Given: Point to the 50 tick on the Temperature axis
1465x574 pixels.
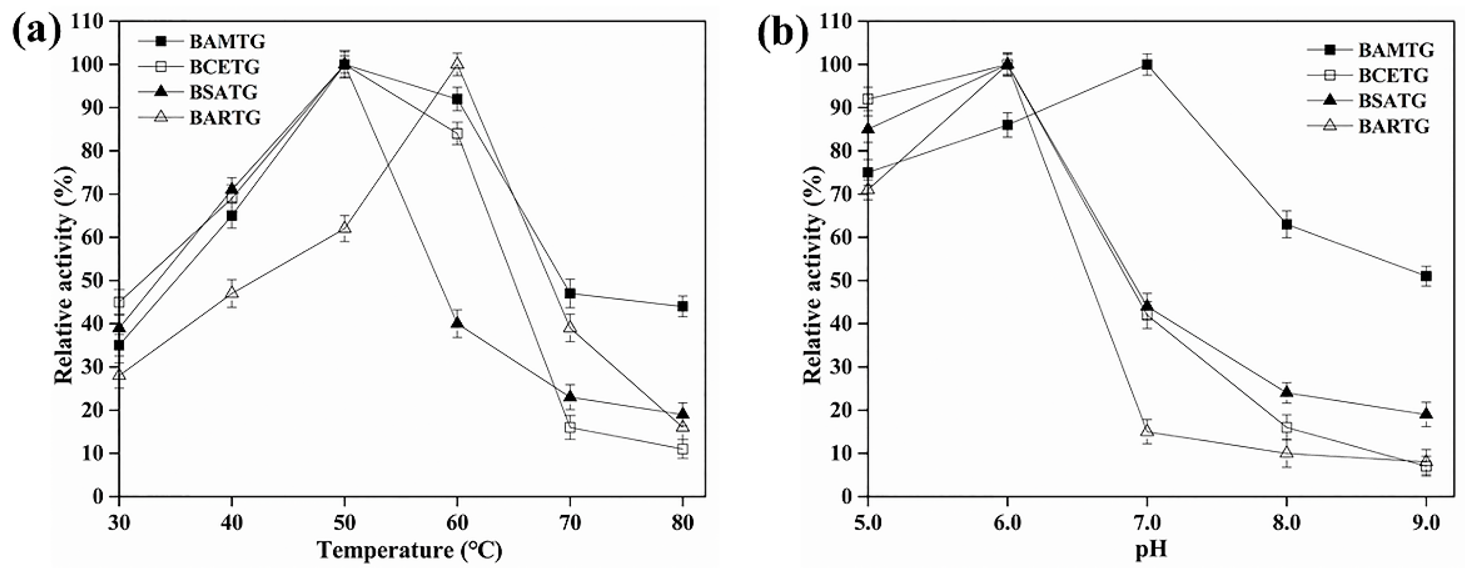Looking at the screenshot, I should point(344,522).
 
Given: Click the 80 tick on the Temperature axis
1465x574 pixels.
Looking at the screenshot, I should point(682,522).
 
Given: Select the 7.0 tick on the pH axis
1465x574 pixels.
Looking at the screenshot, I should point(1146,522).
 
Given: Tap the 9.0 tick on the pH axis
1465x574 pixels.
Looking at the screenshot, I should point(1426,522).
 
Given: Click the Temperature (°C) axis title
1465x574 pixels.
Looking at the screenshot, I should point(409,550).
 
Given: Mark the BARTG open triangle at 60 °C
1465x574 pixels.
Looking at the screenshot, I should point(457,64).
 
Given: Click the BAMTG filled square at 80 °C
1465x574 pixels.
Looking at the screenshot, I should point(683,307).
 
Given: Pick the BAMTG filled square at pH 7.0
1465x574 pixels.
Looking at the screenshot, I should point(1147,64).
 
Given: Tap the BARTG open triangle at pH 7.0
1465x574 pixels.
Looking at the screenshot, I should point(1147,431).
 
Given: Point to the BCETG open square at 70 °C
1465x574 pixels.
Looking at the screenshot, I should point(570,427).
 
